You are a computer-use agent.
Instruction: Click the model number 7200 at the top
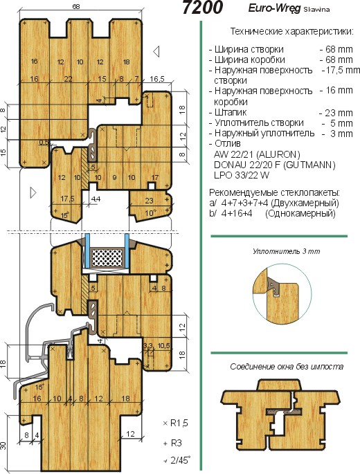coord(203,8)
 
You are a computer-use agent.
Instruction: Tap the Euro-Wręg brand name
coord(274,8)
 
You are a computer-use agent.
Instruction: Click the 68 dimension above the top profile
coord(76,6)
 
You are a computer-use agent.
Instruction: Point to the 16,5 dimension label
coord(157,79)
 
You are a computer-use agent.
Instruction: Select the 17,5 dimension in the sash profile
coord(67,199)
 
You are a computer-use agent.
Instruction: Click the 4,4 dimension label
coord(96,199)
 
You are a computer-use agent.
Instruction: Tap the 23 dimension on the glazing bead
coord(149,201)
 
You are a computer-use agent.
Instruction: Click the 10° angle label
coord(150,213)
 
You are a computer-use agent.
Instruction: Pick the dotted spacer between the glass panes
coord(107,258)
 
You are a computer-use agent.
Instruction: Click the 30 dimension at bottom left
coord(3,445)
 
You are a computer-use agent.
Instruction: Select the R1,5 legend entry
coord(175,423)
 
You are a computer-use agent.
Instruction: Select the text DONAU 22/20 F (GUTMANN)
coord(275,165)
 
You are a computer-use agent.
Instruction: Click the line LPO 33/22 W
coord(242,175)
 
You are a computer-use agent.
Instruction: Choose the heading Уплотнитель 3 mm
coord(286,251)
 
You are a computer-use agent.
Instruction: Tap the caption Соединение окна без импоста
coord(287,367)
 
